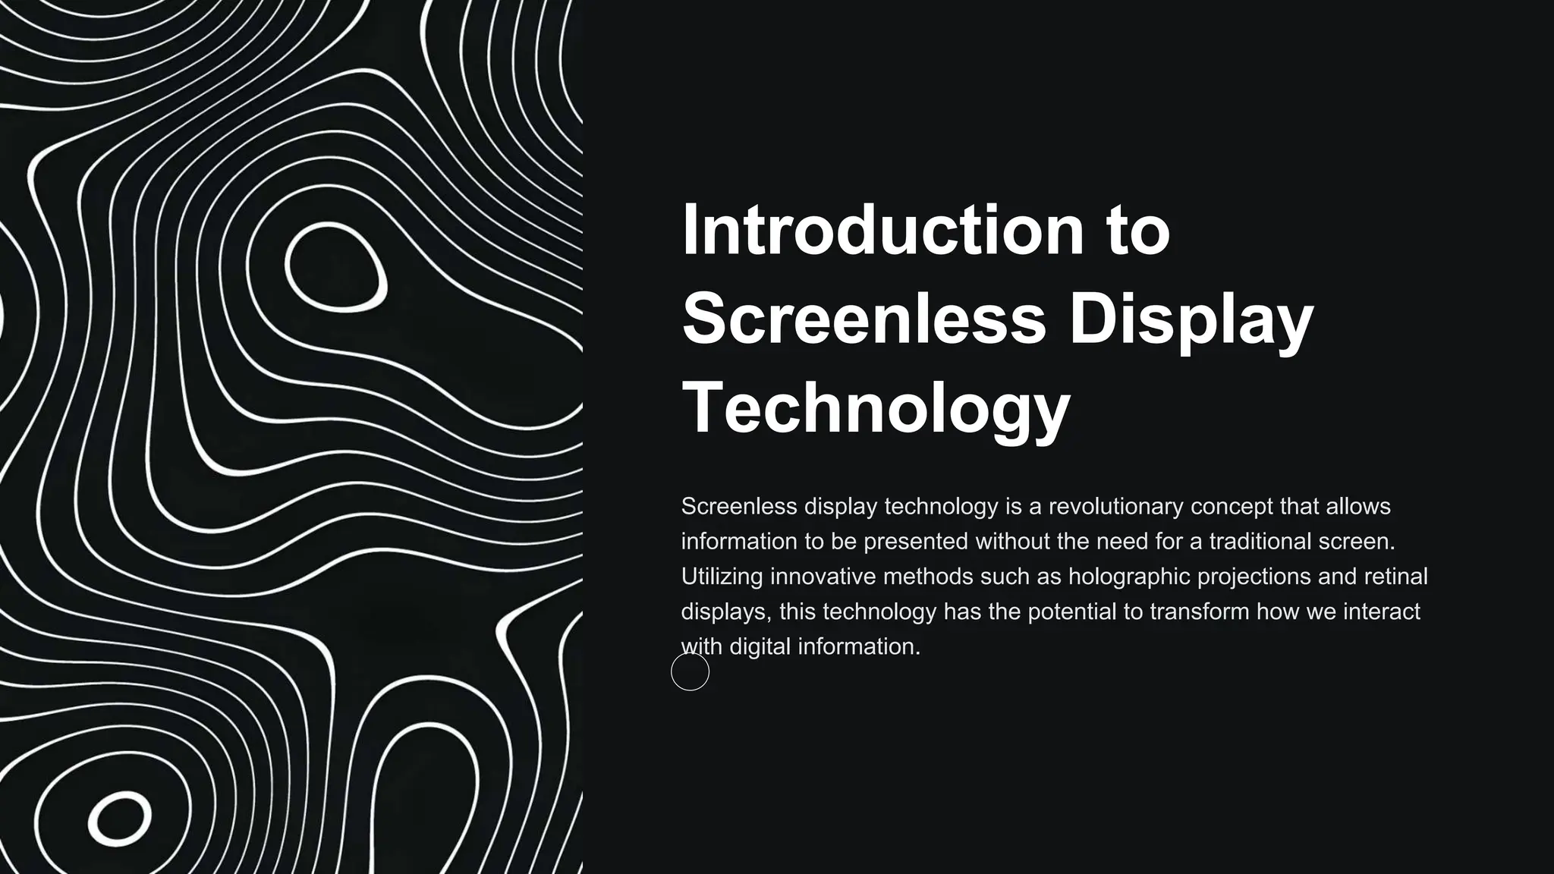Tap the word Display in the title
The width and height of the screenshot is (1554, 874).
[1191, 319]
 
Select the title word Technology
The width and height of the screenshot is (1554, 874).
[876, 407]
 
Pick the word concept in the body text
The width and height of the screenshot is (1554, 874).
[1232, 506]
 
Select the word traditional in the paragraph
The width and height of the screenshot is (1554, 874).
[1260, 541]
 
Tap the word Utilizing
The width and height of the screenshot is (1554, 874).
[722, 577]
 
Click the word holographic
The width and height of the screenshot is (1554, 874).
[1129, 577]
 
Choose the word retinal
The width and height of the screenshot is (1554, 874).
[1396, 577]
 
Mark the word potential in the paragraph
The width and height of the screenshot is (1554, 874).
[1072, 611]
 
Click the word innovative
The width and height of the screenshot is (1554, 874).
[823, 577]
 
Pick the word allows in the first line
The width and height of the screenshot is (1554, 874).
[1358, 506]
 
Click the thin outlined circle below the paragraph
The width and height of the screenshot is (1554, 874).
[690, 671]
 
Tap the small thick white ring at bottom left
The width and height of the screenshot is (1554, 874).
[119, 819]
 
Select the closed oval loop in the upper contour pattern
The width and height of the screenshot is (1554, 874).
[335, 267]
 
